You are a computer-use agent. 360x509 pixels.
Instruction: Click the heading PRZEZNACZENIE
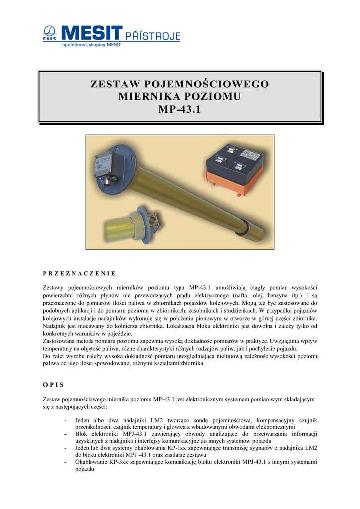pyautogui.click(x=80, y=273)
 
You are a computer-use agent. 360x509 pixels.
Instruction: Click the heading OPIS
pyautogui.click(x=54, y=384)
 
